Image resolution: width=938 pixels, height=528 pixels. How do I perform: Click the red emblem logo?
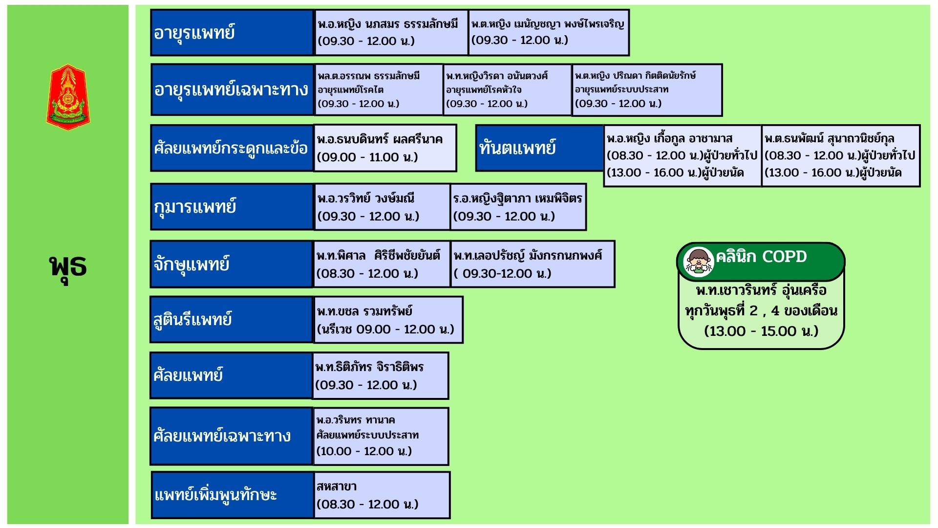click(x=68, y=97)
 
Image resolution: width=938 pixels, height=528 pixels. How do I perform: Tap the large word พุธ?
click(x=68, y=267)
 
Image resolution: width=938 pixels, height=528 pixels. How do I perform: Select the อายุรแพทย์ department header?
click(x=232, y=32)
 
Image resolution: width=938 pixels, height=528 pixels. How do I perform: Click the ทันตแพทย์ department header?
click(x=539, y=148)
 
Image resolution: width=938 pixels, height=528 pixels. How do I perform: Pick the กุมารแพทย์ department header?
click(x=232, y=206)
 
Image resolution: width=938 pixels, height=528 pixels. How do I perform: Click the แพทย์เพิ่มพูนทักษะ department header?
click(x=232, y=495)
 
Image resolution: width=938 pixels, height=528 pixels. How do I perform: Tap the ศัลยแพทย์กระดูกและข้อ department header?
click(x=232, y=148)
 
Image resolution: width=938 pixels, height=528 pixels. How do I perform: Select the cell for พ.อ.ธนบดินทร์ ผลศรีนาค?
click(x=385, y=148)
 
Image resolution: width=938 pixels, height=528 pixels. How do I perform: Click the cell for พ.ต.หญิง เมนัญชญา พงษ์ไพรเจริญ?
click(x=548, y=32)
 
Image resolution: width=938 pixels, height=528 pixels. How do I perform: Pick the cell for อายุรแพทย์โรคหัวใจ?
click(x=507, y=90)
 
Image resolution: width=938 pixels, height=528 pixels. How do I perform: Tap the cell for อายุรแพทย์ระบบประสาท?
click(x=647, y=90)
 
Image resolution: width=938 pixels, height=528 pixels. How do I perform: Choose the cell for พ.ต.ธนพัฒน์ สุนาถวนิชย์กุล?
click(x=840, y=155)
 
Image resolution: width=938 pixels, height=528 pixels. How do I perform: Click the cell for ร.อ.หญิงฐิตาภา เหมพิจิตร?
click(x=518, y=206)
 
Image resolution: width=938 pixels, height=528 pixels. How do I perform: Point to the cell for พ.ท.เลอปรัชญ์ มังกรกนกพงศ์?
click(x=533, y=264)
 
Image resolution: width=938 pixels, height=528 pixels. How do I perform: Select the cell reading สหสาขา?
click(x=381, y=495)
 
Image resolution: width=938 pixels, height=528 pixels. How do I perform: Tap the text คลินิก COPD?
click(x=761, y=257)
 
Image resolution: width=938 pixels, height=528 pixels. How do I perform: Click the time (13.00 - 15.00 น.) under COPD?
click(x=761, y=331)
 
